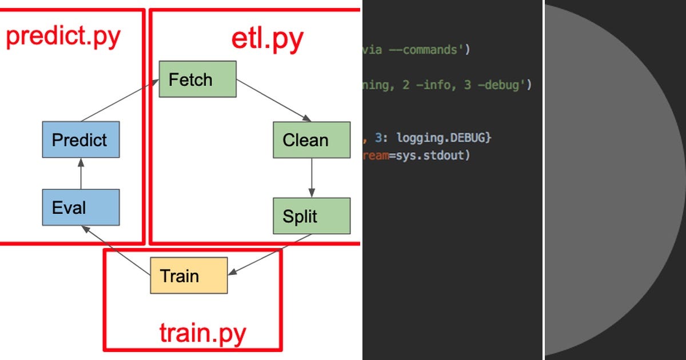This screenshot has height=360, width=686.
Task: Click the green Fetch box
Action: (x=197, y=79)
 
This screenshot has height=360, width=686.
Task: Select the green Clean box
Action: (x=312, y=140)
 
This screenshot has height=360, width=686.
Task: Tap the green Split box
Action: (x=312, y=216)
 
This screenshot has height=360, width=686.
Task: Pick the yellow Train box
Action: (x=189, y=276)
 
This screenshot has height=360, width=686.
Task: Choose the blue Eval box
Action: (x=81, y=207)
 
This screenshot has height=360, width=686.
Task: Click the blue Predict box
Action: (x=81, y=139)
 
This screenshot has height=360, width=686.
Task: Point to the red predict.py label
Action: (x=63, y=37)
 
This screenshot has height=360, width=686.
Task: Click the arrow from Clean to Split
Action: (x=312, y=178)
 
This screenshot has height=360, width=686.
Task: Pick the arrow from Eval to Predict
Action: (x=81, y=174)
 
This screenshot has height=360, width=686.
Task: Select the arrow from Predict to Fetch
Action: (x=120, y=101)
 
